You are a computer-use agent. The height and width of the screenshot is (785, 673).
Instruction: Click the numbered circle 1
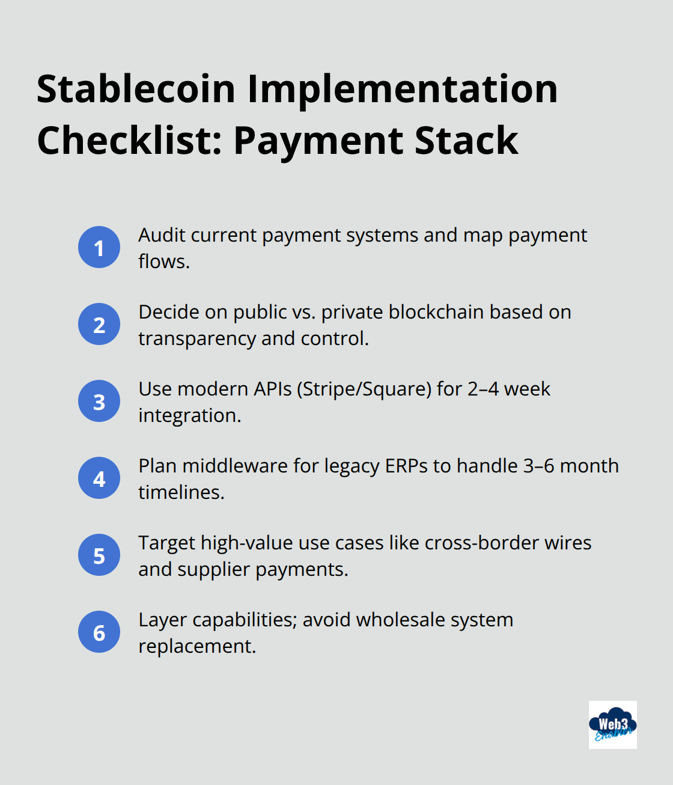point(99,247)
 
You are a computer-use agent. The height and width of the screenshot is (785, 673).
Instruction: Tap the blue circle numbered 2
point(99,324)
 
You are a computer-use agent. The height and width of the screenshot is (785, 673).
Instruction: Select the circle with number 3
point(99,401)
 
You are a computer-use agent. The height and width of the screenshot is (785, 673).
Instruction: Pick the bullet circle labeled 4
point(99,478)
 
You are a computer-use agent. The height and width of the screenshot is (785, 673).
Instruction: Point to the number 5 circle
point(99,555)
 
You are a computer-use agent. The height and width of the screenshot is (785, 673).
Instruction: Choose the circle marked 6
point(99,632)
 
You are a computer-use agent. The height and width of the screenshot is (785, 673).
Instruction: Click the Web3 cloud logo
point(612,724)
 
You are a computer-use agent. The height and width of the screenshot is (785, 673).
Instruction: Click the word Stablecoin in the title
point(136,89)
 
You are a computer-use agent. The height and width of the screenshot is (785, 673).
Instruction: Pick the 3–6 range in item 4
point(539,466)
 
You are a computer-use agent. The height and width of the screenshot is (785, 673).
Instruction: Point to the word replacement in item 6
point(196,646)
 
